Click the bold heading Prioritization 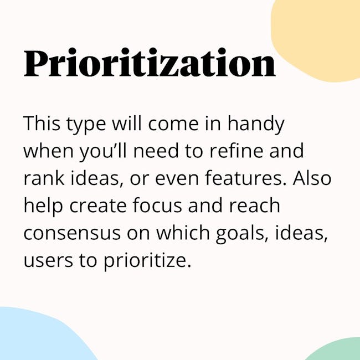click(150, 63)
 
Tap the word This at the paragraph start click(42, 124)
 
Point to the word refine click(236, 151)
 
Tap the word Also click(312, 178)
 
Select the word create click(98, 205)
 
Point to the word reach click(254, 205)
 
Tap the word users click(48, 261)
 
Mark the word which click(183, 233)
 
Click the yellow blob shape click(317, 39)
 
